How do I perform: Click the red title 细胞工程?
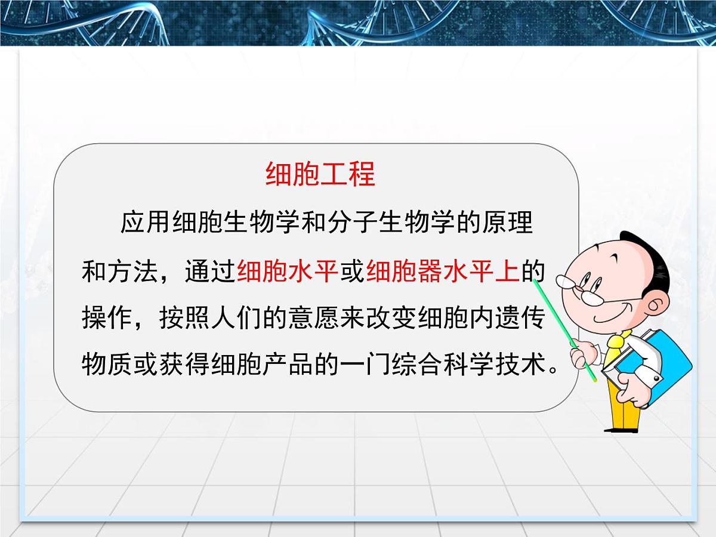[x=320, y=174]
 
